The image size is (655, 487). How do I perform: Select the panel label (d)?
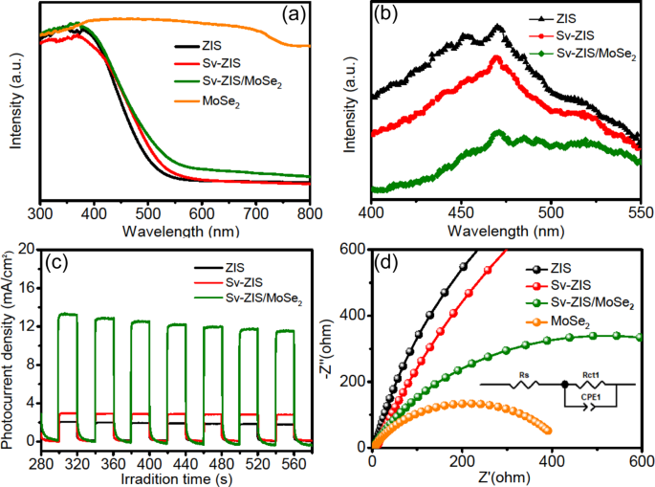click(x=393, y=260)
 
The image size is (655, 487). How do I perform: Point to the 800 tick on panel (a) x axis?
click(x=308, y=212)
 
